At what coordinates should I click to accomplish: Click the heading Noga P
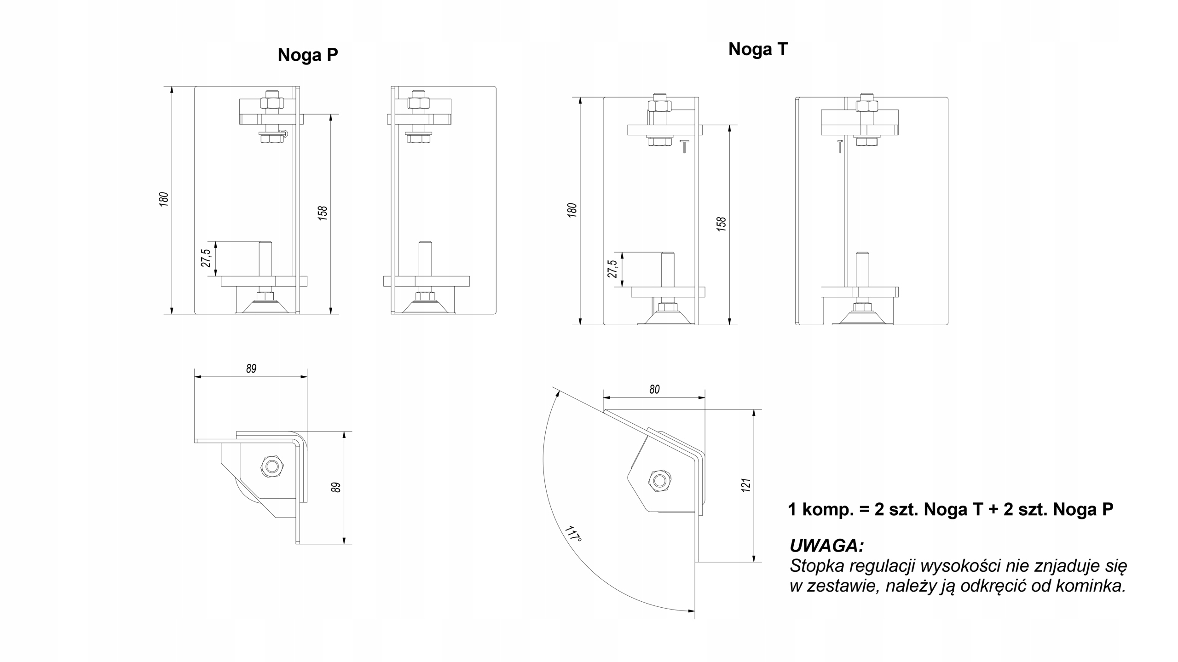click(x=307, y=55)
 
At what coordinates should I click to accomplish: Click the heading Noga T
click(x=758, y=49)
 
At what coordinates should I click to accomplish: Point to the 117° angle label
click(x=573, y=534)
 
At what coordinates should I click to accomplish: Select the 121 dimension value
click(x=746, y=485)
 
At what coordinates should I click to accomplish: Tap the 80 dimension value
click(x=654, y=390)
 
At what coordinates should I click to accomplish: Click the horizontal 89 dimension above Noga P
click(x=251, y=368)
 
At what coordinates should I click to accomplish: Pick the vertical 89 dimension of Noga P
click(x=336, y=488)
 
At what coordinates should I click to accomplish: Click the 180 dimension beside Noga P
click(x=164, y=199)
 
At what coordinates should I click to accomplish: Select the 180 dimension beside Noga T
click(x=572, y=210)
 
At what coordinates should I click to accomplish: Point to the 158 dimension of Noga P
click(x=323, y=213)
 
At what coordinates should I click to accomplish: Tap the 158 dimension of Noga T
click(x=722, y=224)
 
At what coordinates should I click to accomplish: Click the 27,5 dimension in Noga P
click(x=206, y=258)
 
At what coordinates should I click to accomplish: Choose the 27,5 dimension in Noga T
click(x=612, y=269)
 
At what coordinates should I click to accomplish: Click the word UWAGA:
click(x=826, y=546)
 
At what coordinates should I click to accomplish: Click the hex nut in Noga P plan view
click(x=272, y=467)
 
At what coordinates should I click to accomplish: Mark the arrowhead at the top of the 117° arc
click(x=558, y=392)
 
